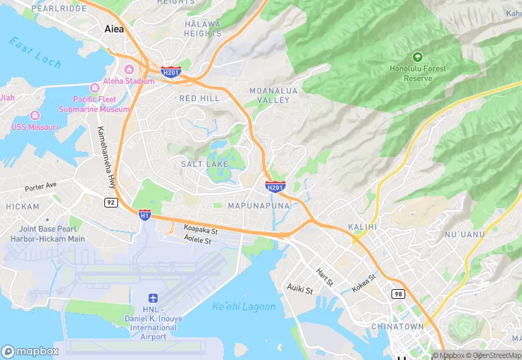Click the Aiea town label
[x=114, y=29]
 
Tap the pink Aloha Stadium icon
[x=128, y=69]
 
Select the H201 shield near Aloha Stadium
[x=170, y=71]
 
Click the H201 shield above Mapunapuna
[x=275, y=186]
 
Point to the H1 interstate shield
[x=145, y=215]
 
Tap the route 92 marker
[x=111, y=202]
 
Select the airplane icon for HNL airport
[x=153, y=299]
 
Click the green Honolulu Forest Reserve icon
[x=417, y=57]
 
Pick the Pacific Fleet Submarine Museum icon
[x=95, y=88]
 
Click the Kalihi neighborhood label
[x=363, y=227]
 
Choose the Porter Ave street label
[x=41, y=186]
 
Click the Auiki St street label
[x=300, y=289]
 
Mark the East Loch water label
[x=36, y=52]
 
